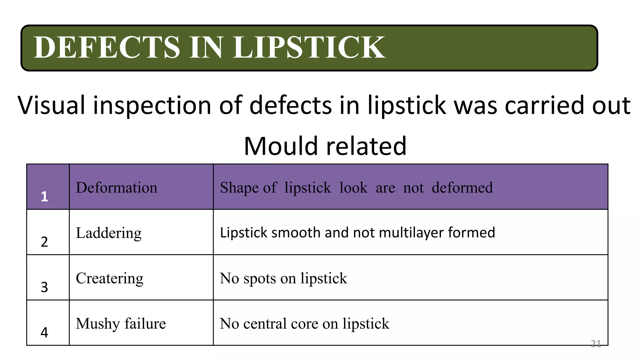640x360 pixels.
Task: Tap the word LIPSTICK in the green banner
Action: [x=309, y=47]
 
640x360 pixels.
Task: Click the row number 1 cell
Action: [x=44, y=196]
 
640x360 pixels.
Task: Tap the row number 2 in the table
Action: [x=44, y=242]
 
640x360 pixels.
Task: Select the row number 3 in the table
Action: [x=44, y=287]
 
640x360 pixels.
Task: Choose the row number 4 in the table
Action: [x=44, y=332]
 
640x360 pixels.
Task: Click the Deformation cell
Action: [x=117, y=187]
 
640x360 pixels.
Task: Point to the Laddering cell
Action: [x=108, y=233]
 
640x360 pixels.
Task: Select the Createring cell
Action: [x=109, y=278]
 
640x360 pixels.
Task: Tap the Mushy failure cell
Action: [x=121, y=323]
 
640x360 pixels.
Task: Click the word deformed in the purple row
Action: [x=462, y=187]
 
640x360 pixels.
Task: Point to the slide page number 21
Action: [x=596, y=343]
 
